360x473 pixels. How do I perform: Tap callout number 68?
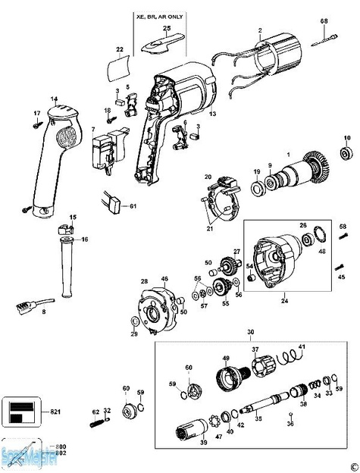[324, 20]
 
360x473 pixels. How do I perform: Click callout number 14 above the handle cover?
[55, 99]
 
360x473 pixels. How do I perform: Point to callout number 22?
[119, 49]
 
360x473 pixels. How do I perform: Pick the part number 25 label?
[167, 27]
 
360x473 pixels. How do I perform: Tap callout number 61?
[132, 205]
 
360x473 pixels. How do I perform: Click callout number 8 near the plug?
[43, 312]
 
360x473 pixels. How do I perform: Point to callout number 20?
[208, 177]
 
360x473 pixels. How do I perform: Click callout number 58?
[342, 227]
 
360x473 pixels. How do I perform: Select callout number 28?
[143, 281]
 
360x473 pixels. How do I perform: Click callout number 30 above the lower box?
[251, 332]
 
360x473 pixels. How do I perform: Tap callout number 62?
[95, 412]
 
